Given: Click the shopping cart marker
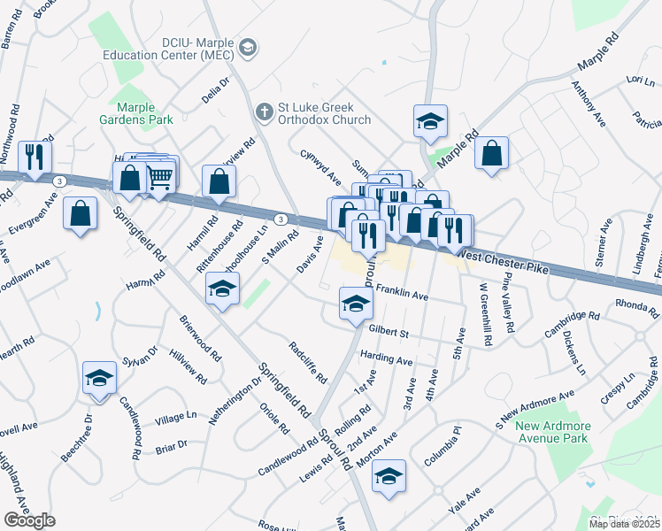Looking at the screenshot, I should coord(159,176).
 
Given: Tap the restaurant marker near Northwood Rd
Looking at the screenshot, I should coord(35,158).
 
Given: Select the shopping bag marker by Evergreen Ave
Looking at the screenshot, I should coord(81,213).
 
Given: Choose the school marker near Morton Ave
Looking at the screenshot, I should coord(389,476).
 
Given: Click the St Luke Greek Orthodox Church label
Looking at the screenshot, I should coord(324,113).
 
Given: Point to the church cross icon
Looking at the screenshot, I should coord(263,112).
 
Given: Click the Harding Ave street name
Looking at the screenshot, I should coord(387,361).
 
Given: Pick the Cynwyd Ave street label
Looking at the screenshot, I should coord(319,165).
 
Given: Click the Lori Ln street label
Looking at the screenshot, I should coord(633,80).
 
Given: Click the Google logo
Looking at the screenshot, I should coord(29,520).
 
